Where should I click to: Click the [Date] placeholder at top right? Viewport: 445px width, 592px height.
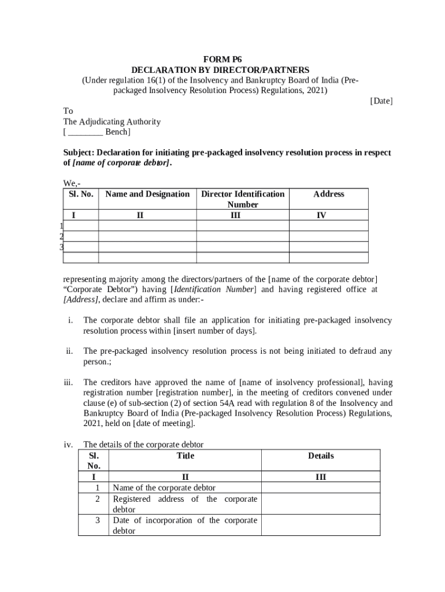coord(381,101)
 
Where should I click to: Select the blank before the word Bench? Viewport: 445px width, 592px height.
coord(85,132)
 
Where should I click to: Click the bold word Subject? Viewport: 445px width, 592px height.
coord(78,153)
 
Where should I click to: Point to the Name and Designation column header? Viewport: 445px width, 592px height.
coord(147,194)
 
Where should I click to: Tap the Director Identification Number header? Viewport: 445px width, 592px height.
coord(243,199)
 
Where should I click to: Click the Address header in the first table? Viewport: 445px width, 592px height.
coord(329,194)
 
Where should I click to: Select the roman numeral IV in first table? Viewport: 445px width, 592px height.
coord(321,215)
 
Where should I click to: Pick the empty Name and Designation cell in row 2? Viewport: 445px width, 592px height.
coord(147,236)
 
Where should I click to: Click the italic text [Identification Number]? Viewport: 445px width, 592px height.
coord(212,290)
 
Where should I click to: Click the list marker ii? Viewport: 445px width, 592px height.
coord(69,351)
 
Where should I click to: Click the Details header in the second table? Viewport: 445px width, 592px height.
coord(321,456)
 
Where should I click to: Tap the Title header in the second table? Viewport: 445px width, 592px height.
coord(185,456)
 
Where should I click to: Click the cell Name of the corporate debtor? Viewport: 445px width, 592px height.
coord(164,488)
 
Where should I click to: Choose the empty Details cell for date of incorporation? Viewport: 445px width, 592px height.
coord(321,525)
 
